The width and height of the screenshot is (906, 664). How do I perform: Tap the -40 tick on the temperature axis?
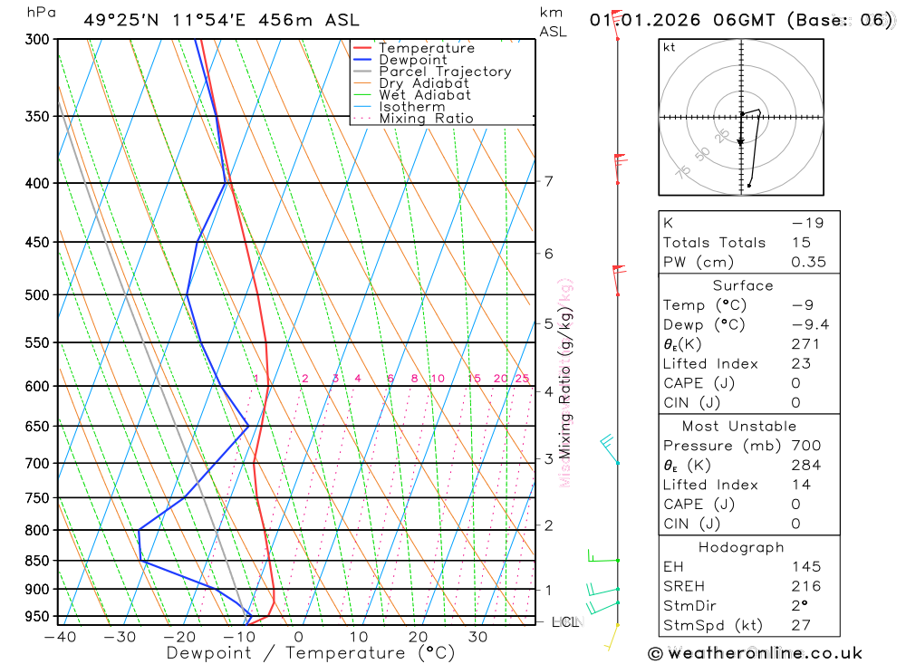point(60,637)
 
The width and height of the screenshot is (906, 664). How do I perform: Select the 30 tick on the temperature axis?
point(477,637)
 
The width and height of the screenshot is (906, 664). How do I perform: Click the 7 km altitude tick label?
point(548,181)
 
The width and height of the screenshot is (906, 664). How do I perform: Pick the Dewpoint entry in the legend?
point(412,60)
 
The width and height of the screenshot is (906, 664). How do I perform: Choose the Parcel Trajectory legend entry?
point(444,72)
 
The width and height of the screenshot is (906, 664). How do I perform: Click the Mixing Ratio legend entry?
point(426,119)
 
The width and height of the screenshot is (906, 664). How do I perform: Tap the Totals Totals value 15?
point(799,242)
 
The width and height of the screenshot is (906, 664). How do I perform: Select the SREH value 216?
point(805,586)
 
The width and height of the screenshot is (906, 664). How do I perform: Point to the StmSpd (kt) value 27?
point(801,625)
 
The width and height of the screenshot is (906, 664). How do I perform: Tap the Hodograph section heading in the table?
point(741,547)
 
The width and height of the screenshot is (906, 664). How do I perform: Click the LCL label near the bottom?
point(565,622)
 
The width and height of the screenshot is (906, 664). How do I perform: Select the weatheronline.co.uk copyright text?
point(755,652)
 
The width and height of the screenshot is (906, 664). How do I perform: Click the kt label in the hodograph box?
point(670,47)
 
